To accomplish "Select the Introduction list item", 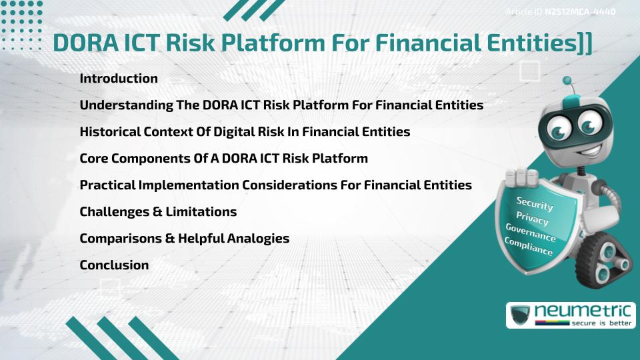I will pos(119,79).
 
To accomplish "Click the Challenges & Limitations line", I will pos(158,212).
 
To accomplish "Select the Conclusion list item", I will pos(114,265).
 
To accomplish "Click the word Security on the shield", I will pos(535,204).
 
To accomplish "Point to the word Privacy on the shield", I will pos(532,219).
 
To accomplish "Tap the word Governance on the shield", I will pos(530,233).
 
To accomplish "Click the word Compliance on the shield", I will pos(528,247).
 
